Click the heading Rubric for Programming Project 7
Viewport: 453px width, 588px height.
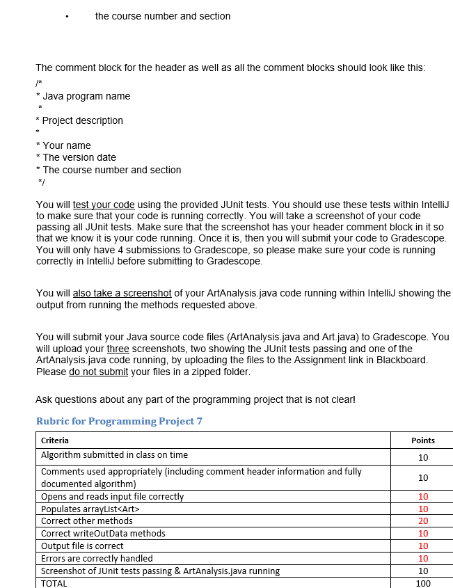[x=119, y=421]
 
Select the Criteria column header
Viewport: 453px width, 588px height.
[x=55, y=440]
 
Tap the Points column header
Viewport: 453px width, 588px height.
[x=423, y=440]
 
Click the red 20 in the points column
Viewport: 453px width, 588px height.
[x=423, y=521]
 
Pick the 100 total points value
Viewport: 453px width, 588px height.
[x=423, y=583]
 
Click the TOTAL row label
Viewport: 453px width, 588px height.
[x=54, y=583]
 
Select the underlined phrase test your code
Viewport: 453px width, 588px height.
[x=104, y=205]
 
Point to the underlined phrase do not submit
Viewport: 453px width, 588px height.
[x=98, y=372]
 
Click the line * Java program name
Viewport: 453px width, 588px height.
[x=83, y=96]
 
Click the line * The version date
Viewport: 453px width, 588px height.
[x=76, y=157]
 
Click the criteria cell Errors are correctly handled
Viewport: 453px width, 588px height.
[x=97, y=558]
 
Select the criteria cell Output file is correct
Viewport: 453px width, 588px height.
[x=82, y=546]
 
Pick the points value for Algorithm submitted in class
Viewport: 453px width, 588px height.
[x=423, y=457]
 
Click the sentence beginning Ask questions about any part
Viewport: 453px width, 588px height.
[x=195, y=399]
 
